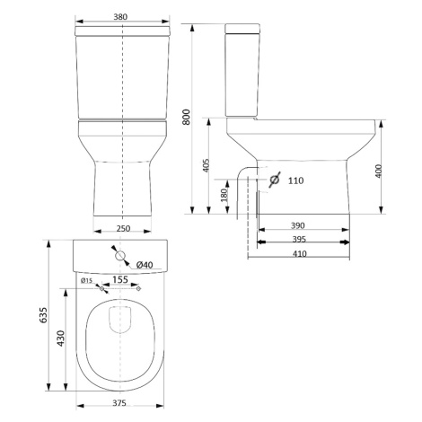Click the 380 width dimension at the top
pyautogui.click(x=120, y=17)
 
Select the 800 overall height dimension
pyautogui.click(x=186, y=117)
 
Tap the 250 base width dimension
pyautogui.click(x=123, y=229)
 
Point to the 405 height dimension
pyautogui.click(x=207, y=165)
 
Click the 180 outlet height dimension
pyautogui.click(x=224, y=195)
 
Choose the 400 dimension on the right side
pyautogui.click(x=379, y=171)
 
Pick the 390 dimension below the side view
pyautogui.click(x=298, y=225)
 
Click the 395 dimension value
pyautogui.click(x=299, y=240)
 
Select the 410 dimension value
pyautogui.click(x=300, y=254)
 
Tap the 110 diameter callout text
pyautogui.click(x=295, y=180)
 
